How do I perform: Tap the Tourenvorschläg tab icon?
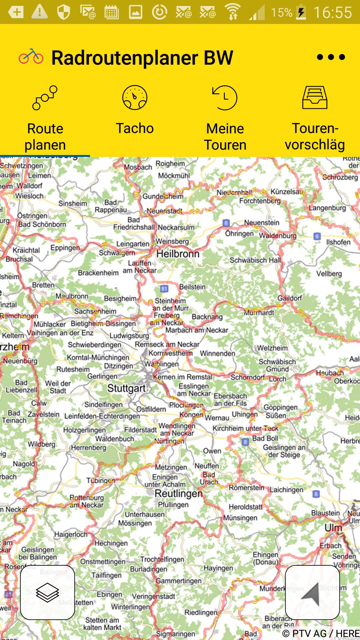(x=315, y=98)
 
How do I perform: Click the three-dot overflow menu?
(x=331, y=57)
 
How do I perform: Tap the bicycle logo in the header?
(x=31, y=56)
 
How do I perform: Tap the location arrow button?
(x=312, y=592)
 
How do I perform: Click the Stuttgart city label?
(x=126, y=388)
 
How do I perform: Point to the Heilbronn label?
(x=178, y=254)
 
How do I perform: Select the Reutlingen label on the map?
(x=179, y=494)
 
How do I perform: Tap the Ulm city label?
(x=333, y=528)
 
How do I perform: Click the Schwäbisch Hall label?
(x=255, y=260)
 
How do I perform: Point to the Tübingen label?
(x=101, y=480)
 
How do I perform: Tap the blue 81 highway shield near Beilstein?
(x=164, y=289)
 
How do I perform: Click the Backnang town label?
(x=207, y=317)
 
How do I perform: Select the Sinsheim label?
(x=72, y=203)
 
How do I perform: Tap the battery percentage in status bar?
(x=281, y=13)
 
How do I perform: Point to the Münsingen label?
(x=240, y=518)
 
